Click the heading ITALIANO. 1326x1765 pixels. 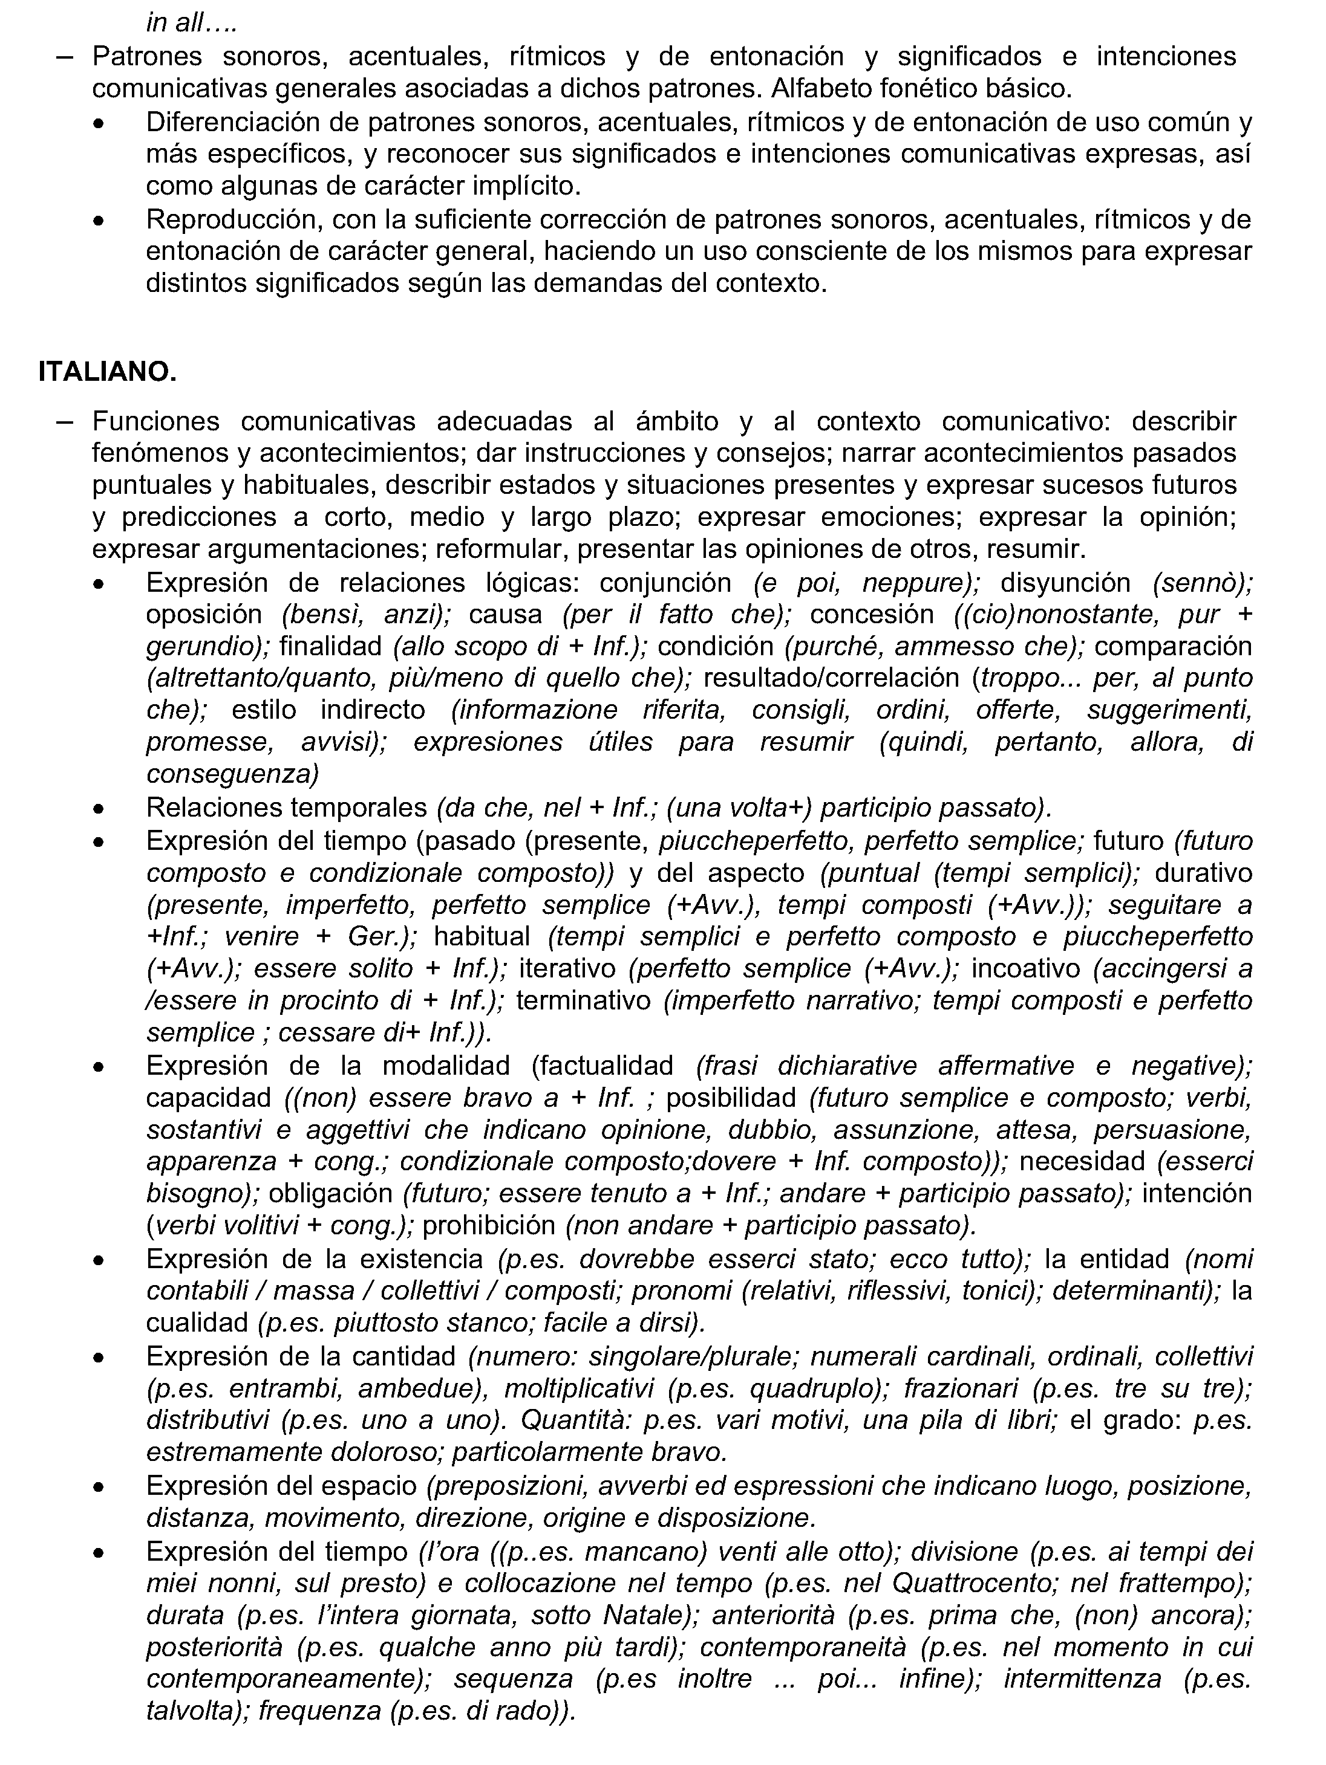tap(107, 372)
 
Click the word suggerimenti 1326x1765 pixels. tap(1169, 710)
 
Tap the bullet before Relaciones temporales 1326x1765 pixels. tap(98, 808)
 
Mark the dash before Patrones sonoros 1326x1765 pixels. tap(65, 57)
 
